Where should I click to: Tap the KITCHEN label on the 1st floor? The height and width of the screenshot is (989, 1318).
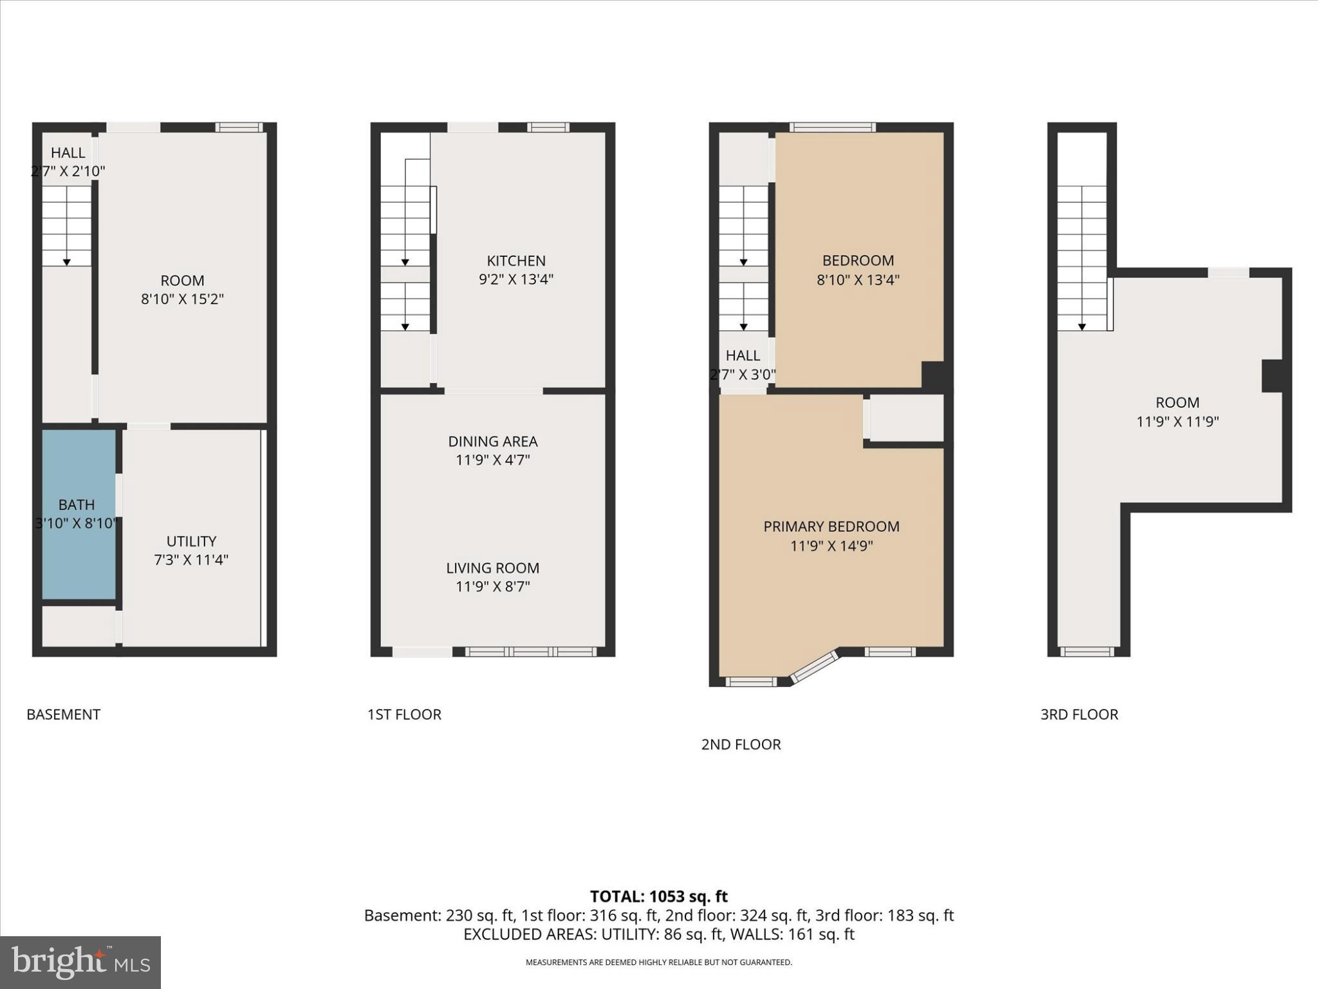coord(516,261)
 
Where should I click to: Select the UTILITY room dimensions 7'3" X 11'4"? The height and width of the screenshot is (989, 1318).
coord(191,560)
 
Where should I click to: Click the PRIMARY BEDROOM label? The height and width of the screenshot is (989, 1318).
coord(831,527)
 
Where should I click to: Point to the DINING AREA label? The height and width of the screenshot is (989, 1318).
coord(492,442)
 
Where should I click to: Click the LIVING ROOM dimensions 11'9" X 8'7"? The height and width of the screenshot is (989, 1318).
coord(492,587)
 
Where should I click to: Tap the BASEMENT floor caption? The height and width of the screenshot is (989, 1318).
coord(63,714)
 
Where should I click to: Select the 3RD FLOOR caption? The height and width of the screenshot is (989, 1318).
coord(1079,714)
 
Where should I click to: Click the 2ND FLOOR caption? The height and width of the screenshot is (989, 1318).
coord(741,744)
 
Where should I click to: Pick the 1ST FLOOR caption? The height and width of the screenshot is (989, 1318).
coord(404,714)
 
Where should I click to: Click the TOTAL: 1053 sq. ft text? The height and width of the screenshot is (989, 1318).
coord(658,896)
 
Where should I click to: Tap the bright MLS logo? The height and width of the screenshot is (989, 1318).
coord(80,962)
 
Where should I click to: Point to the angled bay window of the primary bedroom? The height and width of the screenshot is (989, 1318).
coord(815,666)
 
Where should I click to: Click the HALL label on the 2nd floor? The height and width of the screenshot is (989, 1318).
coord(743,355)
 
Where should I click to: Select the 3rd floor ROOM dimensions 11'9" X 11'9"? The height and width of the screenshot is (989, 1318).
coord(1177,422)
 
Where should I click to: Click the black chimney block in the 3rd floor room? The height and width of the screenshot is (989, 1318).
coord(1272,376)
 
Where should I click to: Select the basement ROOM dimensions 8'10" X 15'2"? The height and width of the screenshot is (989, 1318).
coord(182,299)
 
